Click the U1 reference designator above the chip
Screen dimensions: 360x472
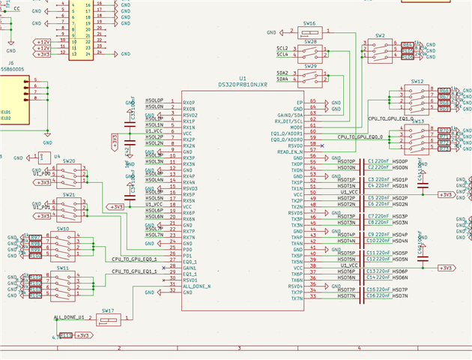(x=242, y=78)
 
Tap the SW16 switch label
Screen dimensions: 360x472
(x=309, y=24)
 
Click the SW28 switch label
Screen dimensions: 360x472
(x=309, y=42)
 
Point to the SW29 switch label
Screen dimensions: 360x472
(x=309, y=66)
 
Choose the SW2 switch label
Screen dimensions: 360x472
(x=381, y=35)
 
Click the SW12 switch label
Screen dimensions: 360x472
(x=417, y=80)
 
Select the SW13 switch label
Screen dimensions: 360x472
(x=417, y=121)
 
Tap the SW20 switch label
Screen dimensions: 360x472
(x=69, y=160)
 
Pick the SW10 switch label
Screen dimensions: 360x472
(x=63, y=229)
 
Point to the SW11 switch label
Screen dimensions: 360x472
(x=63, y=268)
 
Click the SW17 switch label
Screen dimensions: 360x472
(x=108, y=310)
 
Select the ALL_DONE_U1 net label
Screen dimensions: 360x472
(x=69, y=318)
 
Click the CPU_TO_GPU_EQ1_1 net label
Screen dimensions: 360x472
(x=134, y=271)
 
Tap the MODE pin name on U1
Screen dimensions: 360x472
(x=297, y=127)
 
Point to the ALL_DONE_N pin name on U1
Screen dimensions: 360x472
(x=196, y=286)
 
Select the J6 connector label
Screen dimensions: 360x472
(x=11, y=63)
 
